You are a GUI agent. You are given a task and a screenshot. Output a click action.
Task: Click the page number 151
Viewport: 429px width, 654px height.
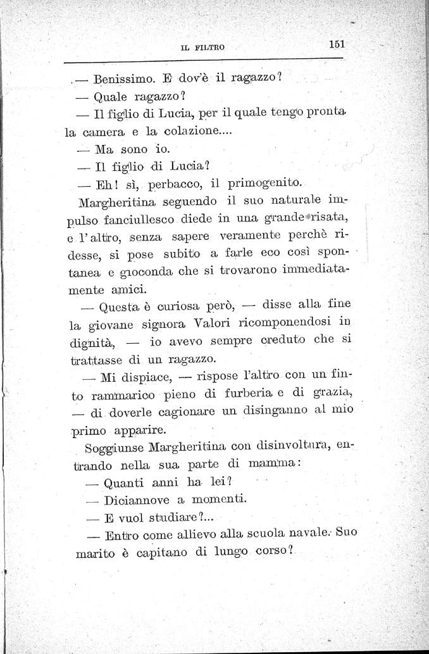[x=340, y=44]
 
